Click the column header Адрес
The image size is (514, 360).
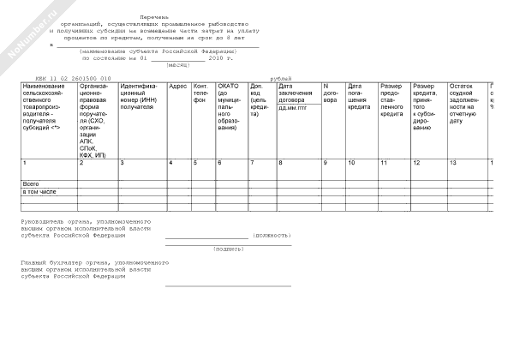(177, 87)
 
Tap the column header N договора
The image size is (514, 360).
(331, 93)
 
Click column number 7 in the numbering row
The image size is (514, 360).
(252, 162)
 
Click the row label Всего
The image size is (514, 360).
(30, 183)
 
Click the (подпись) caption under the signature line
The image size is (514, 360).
(227, 249)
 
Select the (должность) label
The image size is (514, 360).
(274, 233)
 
